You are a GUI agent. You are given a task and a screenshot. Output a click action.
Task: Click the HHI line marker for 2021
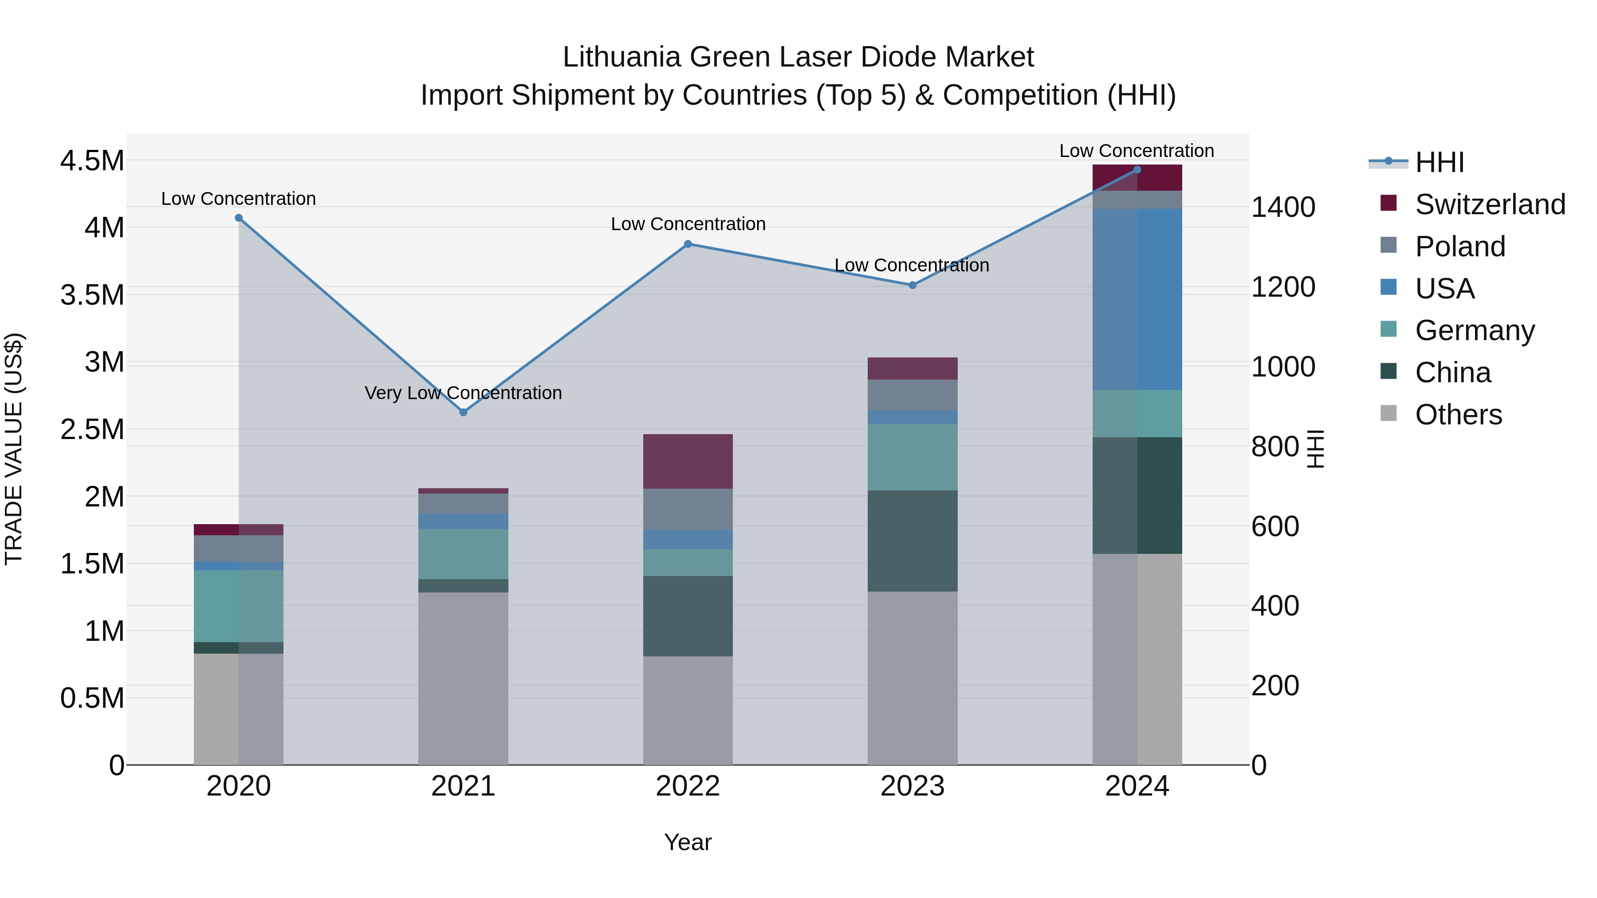click(x=463, y=412)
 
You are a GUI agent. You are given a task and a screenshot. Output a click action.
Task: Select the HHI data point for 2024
click(x=1137, y=170)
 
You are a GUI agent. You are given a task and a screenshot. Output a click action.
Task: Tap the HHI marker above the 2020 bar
click(x=239, y=218)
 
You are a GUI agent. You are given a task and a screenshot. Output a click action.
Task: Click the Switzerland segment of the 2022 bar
click(x=688, y=461)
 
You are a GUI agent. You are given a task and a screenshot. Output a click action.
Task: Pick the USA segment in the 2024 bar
click(x=1137, y=299)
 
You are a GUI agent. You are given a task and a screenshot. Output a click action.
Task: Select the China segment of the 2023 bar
click(x=912, y=541)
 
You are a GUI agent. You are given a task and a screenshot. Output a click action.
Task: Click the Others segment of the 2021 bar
click(x=463, y=678)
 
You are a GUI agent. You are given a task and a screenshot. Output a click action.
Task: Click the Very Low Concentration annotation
click(x=463, y=393)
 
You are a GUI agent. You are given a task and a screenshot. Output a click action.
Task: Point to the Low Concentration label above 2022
click(x=688, y=224)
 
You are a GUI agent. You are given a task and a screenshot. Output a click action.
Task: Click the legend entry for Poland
click(x=1459, y=247)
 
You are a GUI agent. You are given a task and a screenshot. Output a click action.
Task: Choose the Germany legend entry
click(x=1474, y=330)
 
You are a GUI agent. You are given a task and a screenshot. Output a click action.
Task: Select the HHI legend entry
click(x=1440, y=162)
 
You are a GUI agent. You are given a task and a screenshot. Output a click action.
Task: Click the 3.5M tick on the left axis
click(x=92, y=295)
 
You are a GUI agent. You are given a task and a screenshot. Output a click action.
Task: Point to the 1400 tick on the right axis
click(x=1282, y=207)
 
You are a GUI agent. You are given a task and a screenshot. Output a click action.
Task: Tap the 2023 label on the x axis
click(x=912, y=786)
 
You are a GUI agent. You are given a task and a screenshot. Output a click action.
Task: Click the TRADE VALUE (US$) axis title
click(x=14, y=449)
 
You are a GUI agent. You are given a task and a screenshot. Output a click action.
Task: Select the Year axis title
click(x=688, y=842)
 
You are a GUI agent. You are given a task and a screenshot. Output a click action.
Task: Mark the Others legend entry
click(x=1458, y=415)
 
